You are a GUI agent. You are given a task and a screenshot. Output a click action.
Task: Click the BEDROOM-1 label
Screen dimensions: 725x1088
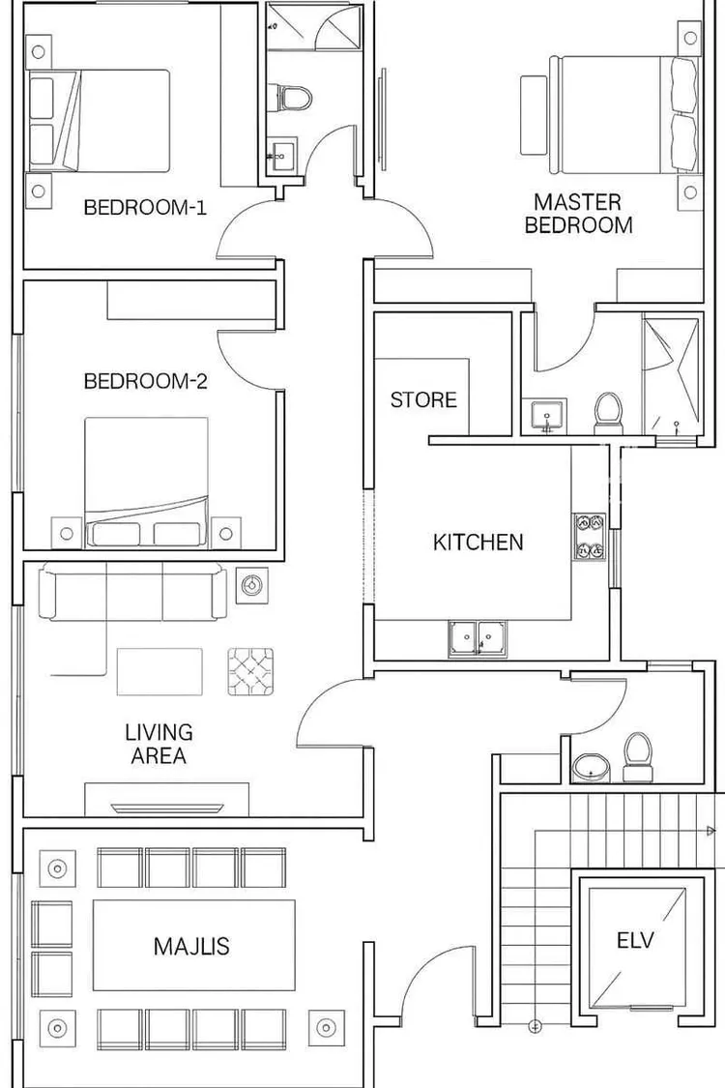[x=145, y=208]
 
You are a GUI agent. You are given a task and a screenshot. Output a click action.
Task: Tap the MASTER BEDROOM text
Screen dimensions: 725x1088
[x=579, y=214]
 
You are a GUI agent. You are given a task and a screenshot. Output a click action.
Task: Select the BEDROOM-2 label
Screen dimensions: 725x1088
[x=146, y=381]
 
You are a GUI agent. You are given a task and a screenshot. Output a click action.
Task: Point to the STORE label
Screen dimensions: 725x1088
[x=424, y=399]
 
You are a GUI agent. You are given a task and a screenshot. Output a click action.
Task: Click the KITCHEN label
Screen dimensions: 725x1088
[x=478, y=542]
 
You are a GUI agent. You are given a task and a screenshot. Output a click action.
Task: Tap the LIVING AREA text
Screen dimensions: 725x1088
[x=159, y=744]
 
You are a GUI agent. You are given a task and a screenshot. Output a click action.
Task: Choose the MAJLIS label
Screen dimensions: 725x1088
[x=191, y=947]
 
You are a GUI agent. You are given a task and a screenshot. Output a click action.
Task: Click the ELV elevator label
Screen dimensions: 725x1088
[x=635, y=941]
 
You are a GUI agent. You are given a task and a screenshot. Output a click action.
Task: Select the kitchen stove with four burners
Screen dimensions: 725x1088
[x=589, y=537]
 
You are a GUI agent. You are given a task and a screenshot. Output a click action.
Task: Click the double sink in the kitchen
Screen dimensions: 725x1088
[x=478, y=637]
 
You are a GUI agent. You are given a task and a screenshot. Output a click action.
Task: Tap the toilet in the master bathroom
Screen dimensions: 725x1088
[x=608, y=414]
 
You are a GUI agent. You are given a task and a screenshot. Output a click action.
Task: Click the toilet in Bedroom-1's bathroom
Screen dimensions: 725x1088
[x=295, y=97]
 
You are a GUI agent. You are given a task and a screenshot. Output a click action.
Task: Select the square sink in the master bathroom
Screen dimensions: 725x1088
[x=549, y=416]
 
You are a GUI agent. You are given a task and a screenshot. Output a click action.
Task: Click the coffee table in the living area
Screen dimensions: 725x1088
[x=159, y=672]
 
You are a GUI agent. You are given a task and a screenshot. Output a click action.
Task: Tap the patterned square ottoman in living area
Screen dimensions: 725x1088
[x=250, y=672]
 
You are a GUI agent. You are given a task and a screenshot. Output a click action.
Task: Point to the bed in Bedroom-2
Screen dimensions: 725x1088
[x=146, y=483]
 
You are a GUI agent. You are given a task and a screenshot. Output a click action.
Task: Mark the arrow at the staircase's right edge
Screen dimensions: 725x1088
[x=710, y=831]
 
